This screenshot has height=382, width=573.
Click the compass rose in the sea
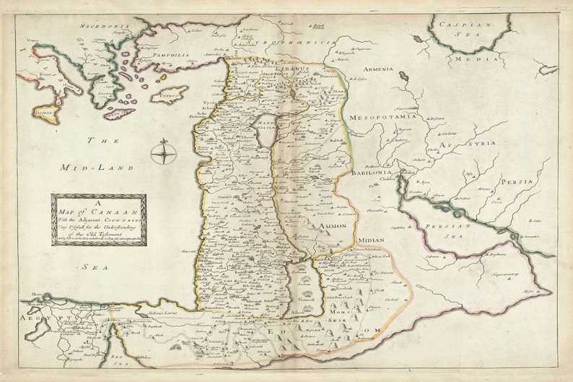164,152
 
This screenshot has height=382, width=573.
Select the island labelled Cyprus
168,94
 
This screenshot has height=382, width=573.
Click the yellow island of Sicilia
45,113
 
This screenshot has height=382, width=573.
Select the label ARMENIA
378,69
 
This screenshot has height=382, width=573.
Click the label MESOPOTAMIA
382,116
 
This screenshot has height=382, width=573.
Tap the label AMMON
328,226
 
